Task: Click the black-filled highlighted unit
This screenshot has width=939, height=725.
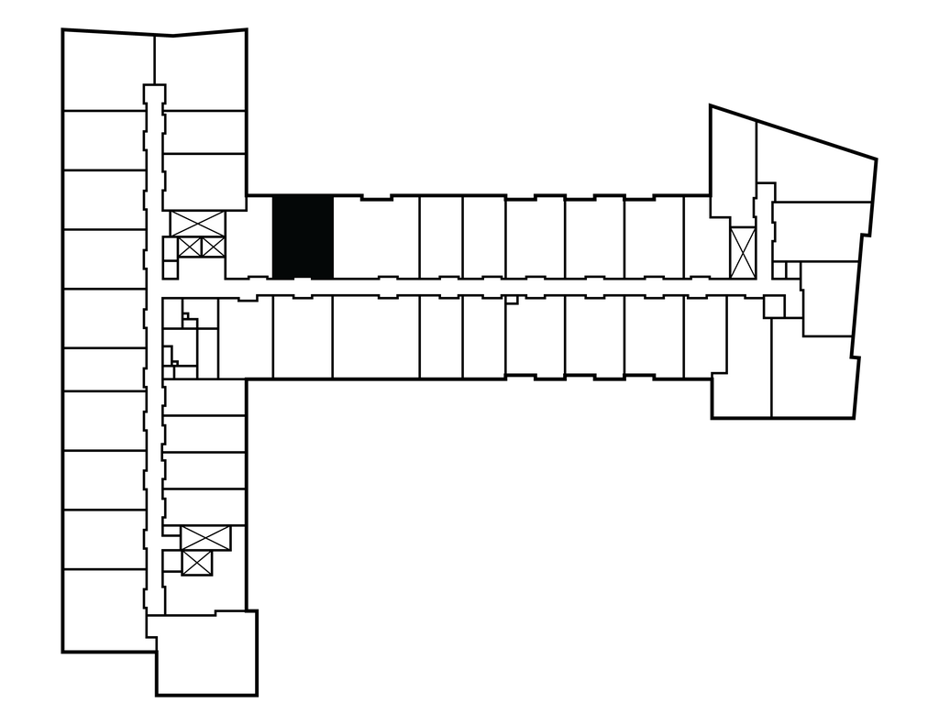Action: click(x=303, y=236)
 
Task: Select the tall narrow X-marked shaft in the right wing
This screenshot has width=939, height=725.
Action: click(x=742, y=252)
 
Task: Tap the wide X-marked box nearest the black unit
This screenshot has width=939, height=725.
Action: click(x=197, y=223)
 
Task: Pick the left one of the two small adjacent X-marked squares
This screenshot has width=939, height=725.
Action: click(x=190, y=246)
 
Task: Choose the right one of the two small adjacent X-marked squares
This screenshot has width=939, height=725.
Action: click(x=212, y=246)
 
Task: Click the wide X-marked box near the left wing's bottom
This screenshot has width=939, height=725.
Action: click(x=204, y=538)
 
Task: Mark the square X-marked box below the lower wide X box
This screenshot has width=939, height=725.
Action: click(x=197, y=563)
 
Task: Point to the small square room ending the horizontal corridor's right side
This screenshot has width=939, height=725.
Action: click(x=774, y=306)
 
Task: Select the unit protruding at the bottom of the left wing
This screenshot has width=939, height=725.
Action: click(x=205, y=652)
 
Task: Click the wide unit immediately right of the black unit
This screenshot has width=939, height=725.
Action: click(x=376, y=236)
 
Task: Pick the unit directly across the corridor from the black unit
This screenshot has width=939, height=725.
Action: click(x=303, y=336)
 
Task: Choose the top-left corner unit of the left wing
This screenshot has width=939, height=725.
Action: click(x=103, y=70)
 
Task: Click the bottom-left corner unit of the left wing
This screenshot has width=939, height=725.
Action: click(x=103, y=610)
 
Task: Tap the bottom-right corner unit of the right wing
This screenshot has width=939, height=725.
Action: click(x=814, y=378)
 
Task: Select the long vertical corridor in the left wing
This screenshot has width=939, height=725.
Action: click(x=154, y=367)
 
